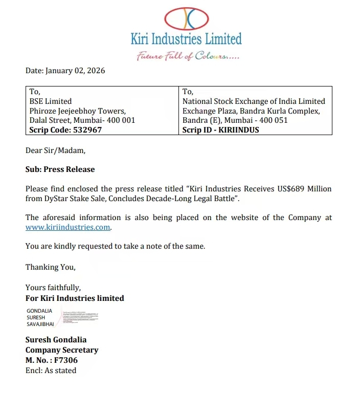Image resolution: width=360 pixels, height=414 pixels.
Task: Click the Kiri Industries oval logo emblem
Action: click(x=186, y=19)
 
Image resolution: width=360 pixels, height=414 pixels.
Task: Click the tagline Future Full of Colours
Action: click(x=188, y=55)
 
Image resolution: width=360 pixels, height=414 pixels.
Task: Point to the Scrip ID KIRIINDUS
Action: click(x=220, y=130)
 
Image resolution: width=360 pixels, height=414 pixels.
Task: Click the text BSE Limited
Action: click(x=51, y=101)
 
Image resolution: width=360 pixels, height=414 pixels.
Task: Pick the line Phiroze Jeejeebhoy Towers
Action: click(x=77, y=111)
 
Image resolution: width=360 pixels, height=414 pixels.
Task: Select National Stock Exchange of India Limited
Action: click(x=254, y=101)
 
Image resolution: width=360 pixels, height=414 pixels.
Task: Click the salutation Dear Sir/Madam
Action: click(x=56, y=150)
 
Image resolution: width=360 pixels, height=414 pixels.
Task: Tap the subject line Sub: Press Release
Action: click(x=60, y=169)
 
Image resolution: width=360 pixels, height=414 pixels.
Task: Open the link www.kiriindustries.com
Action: click(x=68, y=227)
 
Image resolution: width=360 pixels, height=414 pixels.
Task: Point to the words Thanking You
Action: click(x=50, y=267)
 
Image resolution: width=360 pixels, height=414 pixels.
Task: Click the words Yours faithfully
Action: click(x=53, y=288)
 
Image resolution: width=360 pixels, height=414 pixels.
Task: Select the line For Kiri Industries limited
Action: click(x=75, y=298)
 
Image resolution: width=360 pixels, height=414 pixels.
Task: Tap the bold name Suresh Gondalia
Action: click(x=56, y=340)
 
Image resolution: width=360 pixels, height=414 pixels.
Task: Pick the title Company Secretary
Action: click(x=62, y=350)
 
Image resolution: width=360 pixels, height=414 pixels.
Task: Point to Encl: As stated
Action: click(x=51, y=371)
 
